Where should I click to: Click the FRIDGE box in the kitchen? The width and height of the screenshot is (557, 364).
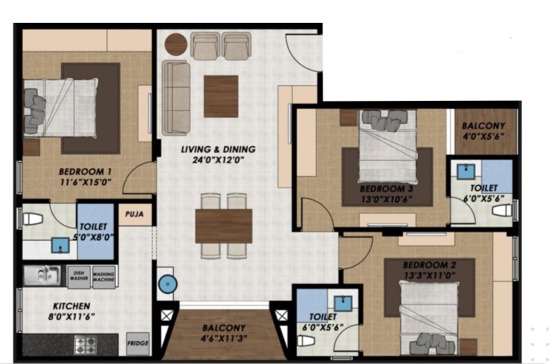coord(138,343)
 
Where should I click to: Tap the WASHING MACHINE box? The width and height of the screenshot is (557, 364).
coord(103,277)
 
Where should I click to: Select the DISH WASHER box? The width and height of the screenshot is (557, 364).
coord(79,277)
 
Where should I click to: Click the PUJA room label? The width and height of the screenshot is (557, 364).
coord(134,214)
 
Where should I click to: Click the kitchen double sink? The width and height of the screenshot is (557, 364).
coord(42,275)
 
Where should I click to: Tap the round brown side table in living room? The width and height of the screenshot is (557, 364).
coord(176,44)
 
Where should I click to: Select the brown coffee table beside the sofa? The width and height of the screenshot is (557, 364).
coord(221,96)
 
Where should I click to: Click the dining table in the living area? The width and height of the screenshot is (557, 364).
coord(224,226)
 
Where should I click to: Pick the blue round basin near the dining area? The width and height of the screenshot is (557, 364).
coord(168,285)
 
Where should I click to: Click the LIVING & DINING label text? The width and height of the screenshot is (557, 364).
coord(218,149)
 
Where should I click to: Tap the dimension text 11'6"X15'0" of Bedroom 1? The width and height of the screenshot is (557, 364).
coord(85,182)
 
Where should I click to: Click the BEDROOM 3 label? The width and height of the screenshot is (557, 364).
coord(386,188)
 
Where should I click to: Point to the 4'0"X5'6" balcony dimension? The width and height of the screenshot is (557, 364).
coord(484,137)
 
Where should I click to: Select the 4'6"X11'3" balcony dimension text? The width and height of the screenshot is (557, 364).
coord(224,338)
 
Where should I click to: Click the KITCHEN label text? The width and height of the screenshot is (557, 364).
coord(71,306)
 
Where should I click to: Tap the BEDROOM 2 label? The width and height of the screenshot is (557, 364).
coord(429,265)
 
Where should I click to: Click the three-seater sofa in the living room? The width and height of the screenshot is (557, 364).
coord(175,98)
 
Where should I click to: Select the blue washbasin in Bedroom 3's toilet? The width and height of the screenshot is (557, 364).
coord(466,172)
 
